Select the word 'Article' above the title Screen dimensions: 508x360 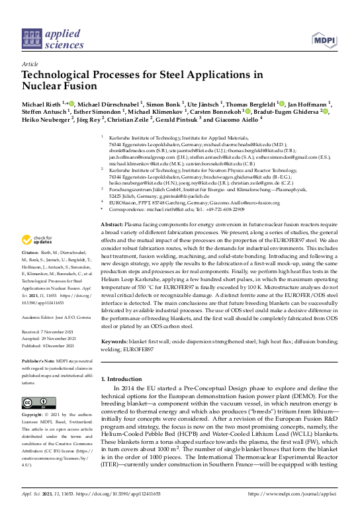(x=30, y=63)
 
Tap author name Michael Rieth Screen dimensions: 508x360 (x=42, y=104)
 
